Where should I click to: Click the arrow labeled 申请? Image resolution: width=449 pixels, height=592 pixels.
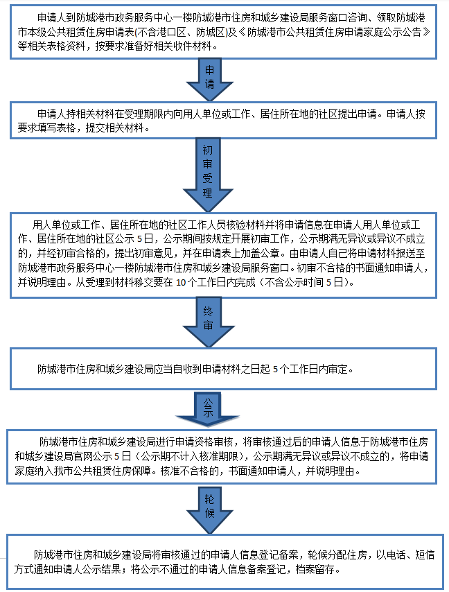coord(211,78)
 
